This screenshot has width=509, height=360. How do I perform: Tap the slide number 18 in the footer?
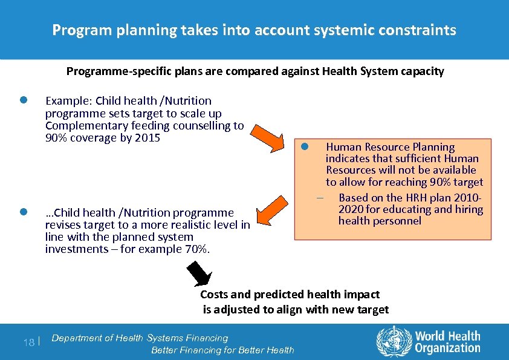[28, 342]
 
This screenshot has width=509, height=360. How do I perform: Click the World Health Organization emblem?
[393, 341]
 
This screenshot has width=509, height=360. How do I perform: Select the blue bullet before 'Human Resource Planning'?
[306, 146]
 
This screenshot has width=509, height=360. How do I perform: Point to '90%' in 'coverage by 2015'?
[57, 138]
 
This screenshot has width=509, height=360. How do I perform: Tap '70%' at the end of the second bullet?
[197, 249]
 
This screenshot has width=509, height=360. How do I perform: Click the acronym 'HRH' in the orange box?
[410, 198]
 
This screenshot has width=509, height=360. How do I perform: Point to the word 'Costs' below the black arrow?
[213, 295]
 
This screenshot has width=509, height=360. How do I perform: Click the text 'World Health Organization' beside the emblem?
[447, 342]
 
